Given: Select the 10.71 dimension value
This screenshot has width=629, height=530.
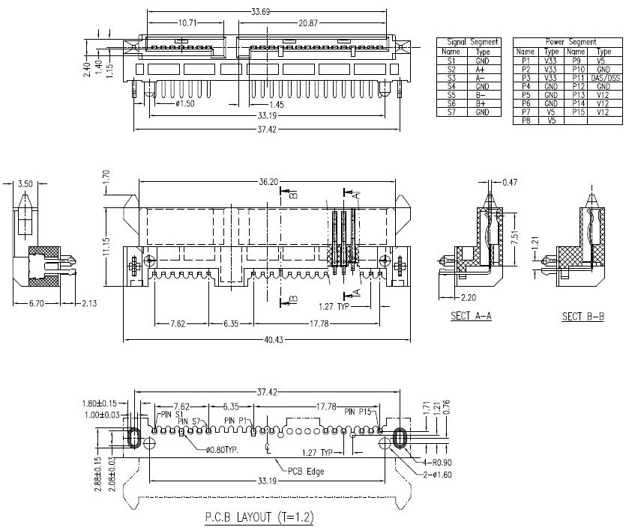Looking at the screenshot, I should tap(187, 23).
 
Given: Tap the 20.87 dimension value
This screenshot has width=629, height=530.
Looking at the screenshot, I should tap(308, 23).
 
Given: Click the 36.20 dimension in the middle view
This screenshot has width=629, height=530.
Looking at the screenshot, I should tap(271, 180).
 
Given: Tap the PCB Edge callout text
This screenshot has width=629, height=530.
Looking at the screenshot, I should tap(305, 471).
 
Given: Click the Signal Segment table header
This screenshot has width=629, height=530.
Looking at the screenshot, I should tap(470, 42).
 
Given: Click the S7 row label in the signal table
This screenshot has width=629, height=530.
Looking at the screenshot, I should tap(451, 112).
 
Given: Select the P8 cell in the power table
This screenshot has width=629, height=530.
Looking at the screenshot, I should tap(526, 120).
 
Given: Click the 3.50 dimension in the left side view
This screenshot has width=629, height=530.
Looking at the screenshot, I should tap(25, 183).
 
